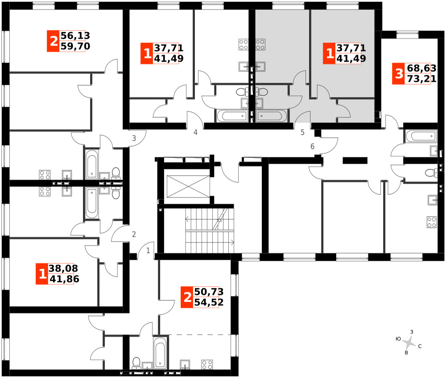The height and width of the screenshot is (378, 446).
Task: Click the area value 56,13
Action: pyautogui.click(x=75, y=36)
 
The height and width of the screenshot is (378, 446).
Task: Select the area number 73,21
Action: pyautogui.click(x=421, y=79)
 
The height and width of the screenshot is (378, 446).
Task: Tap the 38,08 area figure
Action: pyautogui.click(x=63, y=268)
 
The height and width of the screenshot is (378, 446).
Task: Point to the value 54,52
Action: pyautogui.click(x=209, y=302)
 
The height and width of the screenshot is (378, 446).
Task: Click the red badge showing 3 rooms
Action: pyautogui.click(x=399, y=74)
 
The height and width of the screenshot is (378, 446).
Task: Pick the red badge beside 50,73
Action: pyautogui.click(x=187, y=297)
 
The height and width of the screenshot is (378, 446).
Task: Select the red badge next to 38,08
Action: pyautogui.click(x=42, y=274)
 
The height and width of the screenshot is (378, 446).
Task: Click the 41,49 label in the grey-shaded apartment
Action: pyautogui.click(x=351, y=58)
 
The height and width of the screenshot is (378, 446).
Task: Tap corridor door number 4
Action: pyautogui.click(x=195, y=132)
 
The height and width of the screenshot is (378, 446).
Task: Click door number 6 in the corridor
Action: pyautogui.click(x=312, y=146)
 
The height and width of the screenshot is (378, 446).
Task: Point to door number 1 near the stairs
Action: pyautogui.click(x=148, y=251)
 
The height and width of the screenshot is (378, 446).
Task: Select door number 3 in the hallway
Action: pyautogui.click(x=134, y=138)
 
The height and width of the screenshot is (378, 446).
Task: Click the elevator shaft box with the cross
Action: pyautogui.click(x=188, y=186)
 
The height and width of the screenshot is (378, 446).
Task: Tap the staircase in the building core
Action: pyautogui.click(x=210, y=230)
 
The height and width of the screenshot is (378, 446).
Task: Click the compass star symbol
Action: pyautogui.click(x=409, y=343)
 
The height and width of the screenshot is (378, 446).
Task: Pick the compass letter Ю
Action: pyautogui.click(x=398, y=339)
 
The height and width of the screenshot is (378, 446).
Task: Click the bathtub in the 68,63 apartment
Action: pyautogui.click(x=421, y=136)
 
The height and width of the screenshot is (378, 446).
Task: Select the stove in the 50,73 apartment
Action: pyautogui.click(x=207, y=365)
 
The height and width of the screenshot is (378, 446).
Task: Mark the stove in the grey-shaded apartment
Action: pyautogui.click(x=260, y=44)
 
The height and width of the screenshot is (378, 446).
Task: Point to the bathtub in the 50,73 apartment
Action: pyautogui.click(x=160, y=353)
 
